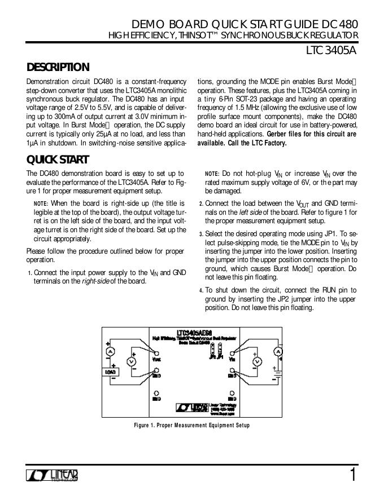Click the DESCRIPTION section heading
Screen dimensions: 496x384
(x=58, y=67)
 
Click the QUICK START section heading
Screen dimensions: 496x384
(x=57, y=160)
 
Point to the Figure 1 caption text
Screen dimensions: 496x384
(x=191, y=425)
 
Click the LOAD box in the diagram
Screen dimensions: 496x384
(x=110, y=371)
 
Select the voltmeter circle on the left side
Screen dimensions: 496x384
(x=132, y=360)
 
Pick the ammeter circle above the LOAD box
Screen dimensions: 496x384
(x=111, y=351)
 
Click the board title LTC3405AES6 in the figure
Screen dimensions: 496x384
(x=194, y=333)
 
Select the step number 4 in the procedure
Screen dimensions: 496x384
(x=201, y=291)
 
